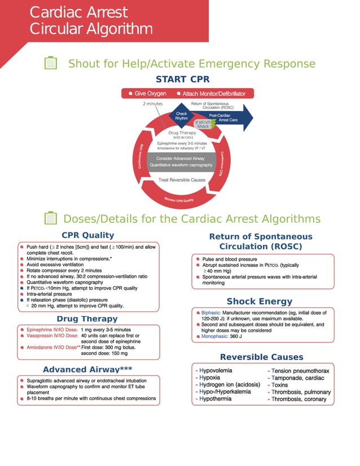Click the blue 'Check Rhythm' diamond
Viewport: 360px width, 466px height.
pyautogui.click(x=182, y=116)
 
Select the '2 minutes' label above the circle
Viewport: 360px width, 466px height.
pyautogui.click(x=152, y=104)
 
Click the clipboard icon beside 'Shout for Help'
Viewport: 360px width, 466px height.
pyautogui.click(x=51, y=63)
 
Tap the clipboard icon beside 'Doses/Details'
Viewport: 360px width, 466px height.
pyautogui.click(x=51, y=218)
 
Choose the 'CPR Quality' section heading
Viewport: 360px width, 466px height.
pyautogui.click(x=87, y=235)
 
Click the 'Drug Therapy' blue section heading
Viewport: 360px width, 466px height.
pyautogui.click(x=87, y=319)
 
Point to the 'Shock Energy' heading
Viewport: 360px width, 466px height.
pyautogui.click(x=259, y=301)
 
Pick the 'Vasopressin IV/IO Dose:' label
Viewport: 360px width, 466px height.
pyautogui.click(x=51, y=336)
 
